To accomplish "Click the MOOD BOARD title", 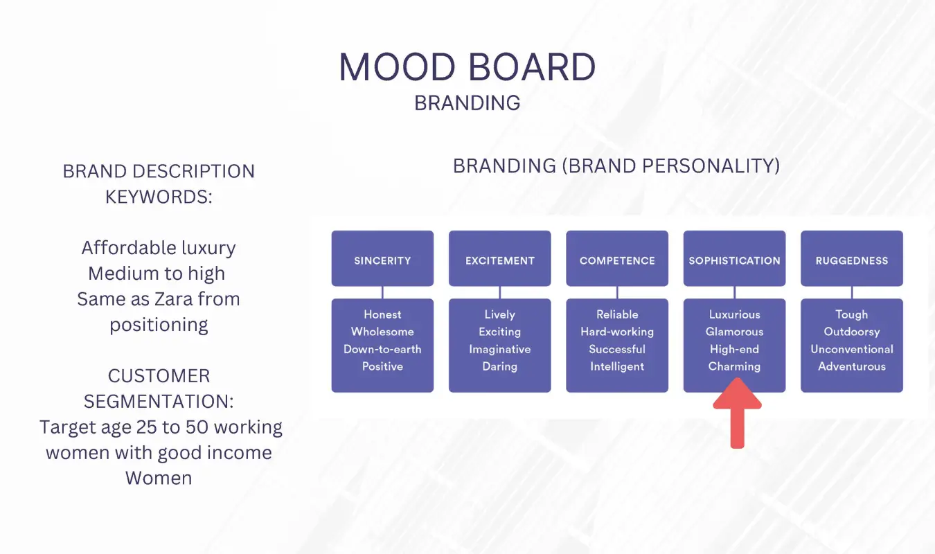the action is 467,66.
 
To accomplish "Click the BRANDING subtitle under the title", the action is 467,103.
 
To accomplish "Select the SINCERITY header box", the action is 382,258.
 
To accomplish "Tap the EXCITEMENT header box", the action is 499,258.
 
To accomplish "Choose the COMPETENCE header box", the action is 617,258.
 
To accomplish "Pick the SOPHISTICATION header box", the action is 734,258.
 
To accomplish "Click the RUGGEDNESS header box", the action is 851,258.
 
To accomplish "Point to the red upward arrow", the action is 738,413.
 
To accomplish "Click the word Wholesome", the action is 382,332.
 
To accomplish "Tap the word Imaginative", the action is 499,350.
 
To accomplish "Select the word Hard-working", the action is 617,332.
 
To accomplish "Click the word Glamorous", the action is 734,332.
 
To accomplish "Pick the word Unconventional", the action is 851,350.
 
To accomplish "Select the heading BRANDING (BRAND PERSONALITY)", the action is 616,166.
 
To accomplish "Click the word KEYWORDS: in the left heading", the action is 159,197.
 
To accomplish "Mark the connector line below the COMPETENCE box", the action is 617,292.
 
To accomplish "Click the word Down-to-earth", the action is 382,350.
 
